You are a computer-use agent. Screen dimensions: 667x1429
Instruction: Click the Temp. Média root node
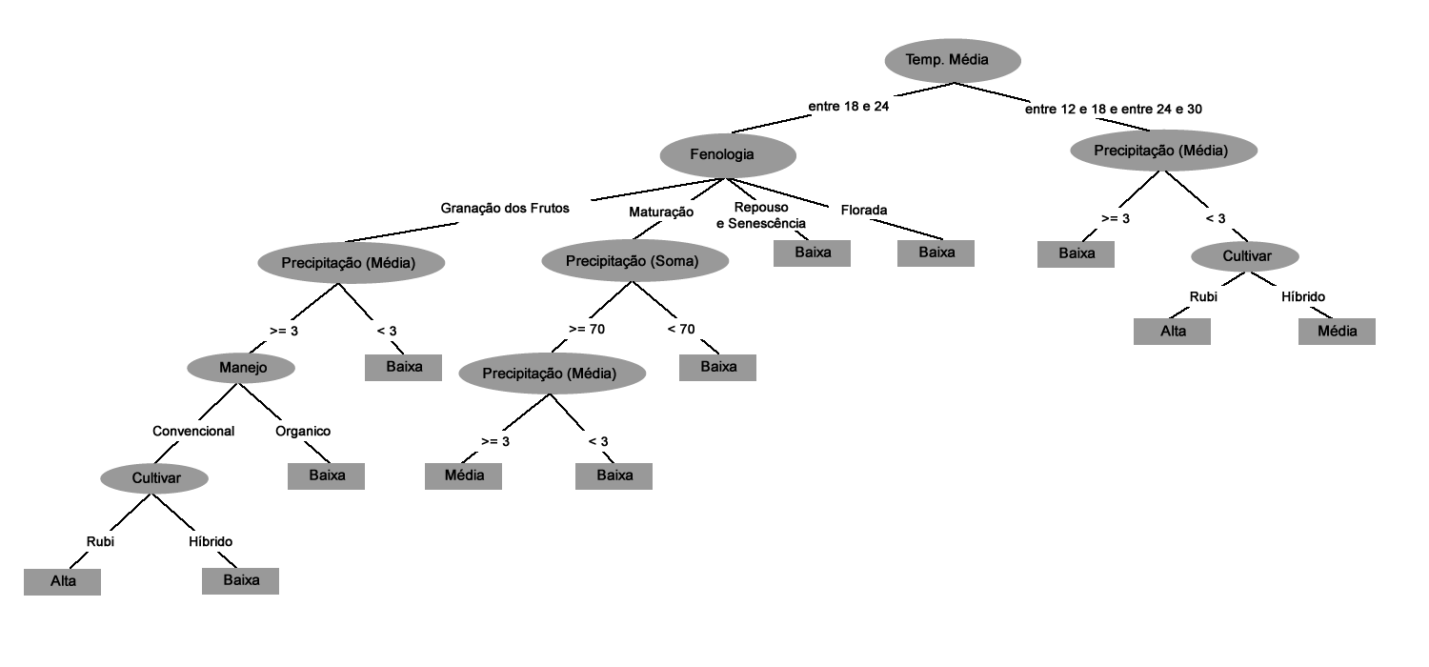952,61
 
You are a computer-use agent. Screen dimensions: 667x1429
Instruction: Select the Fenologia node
728,154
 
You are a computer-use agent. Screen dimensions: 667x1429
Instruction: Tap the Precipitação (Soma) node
634,261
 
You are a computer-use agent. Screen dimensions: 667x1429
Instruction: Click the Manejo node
241,366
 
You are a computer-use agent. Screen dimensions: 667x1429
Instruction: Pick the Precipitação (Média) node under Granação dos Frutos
351,263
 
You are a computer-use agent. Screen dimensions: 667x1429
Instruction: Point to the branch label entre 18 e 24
848,107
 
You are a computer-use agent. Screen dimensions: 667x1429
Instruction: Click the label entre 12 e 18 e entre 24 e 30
1113,109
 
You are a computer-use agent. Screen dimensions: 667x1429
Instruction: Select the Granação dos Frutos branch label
505,208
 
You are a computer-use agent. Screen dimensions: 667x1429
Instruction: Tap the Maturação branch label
660,212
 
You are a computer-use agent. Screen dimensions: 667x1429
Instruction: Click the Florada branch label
864,210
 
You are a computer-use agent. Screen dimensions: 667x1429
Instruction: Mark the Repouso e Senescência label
760,215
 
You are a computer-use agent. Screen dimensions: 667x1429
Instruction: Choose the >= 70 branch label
586,330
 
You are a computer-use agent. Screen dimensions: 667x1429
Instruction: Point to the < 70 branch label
680,330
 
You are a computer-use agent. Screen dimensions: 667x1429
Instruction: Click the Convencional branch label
193,431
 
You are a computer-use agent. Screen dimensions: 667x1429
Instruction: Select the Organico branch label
303,431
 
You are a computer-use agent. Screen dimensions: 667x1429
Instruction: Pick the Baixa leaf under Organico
327,475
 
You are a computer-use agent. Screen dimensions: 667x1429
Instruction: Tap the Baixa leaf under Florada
936,253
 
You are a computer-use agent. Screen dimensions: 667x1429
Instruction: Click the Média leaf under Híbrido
1338,331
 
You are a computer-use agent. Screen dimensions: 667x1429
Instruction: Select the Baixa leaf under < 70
717,367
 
